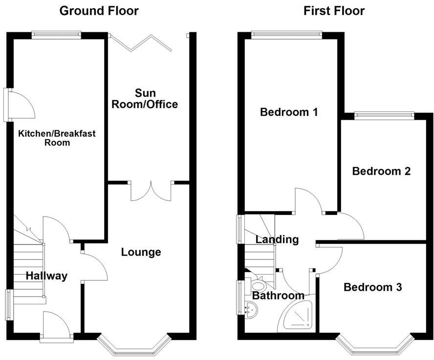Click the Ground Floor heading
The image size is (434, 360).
(99, 11)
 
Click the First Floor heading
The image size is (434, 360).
(334, 11)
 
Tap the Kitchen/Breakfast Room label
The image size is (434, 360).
(44, 138)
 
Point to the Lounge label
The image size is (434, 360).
(141, 252)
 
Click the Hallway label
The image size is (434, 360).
(46, 276)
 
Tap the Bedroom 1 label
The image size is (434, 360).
(289, 112)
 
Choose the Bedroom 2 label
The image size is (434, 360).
(381, 171)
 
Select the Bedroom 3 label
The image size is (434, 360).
(372, 287)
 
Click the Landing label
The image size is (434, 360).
(277, 239)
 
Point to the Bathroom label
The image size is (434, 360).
(278, 296)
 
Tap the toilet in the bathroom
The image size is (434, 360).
(258, 285)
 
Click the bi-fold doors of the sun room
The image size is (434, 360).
(142, 42)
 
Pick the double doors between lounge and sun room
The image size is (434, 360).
(152, 191)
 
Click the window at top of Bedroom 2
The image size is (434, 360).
(384, 115)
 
